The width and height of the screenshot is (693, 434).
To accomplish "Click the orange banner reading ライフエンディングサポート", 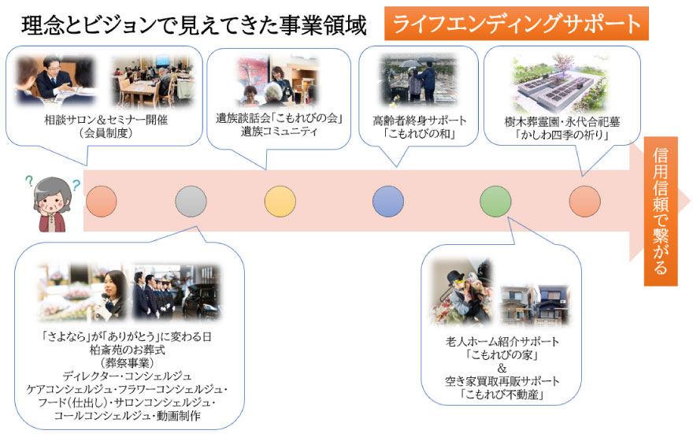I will point(516,24).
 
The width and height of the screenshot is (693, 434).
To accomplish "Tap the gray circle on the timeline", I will point(191,202).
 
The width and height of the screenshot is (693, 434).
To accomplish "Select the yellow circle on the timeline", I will point(280,202).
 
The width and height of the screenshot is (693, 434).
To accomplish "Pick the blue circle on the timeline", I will point(387,202).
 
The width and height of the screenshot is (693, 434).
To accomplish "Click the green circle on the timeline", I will point(495,202).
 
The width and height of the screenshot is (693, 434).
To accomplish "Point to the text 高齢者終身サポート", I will point(420,121).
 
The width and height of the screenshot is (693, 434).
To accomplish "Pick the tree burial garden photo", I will point(561,82).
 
